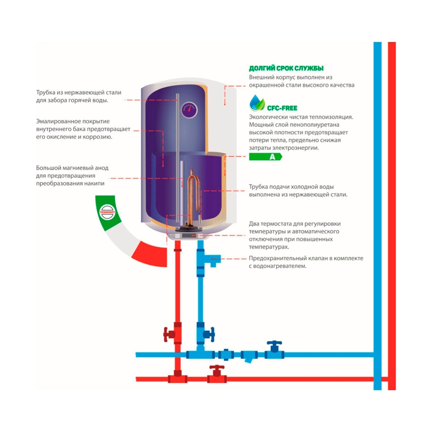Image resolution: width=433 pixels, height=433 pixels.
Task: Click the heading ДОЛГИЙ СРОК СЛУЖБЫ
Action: pyautogui.click(x=286, y=68)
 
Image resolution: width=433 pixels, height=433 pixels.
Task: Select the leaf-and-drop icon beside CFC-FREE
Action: pyautogui.click(x=257, y=104)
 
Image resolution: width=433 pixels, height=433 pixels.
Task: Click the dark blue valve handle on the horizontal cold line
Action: pyautogui.click(x=274, y=345)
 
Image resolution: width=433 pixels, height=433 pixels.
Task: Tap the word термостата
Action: pyautogui.click(x=278, y=223)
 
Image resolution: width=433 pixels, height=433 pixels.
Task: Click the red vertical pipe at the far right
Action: pyautogui.click(x=392, y=216)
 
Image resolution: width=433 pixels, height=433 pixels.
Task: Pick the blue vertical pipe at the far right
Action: pyautogui.click(x=378, y=216)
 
